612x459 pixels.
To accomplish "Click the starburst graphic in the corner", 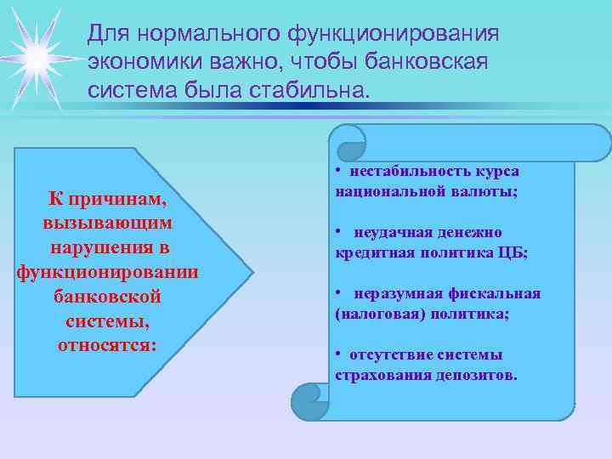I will coord(37,57).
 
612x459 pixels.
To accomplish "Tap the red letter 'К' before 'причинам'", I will coord(55,199).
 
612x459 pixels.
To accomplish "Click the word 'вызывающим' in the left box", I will coord(108,223).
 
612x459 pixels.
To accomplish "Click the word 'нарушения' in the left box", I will coord(108,247).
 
